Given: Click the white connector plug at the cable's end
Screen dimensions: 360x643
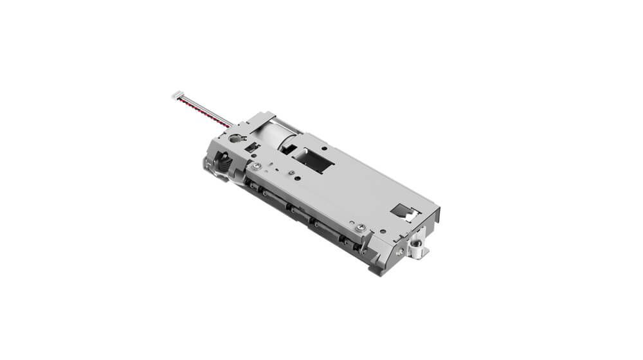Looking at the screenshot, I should click(177, 96).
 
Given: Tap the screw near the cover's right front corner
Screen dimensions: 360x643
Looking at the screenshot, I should click(362, 226).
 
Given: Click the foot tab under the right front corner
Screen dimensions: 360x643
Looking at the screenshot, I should click(380, 268).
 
